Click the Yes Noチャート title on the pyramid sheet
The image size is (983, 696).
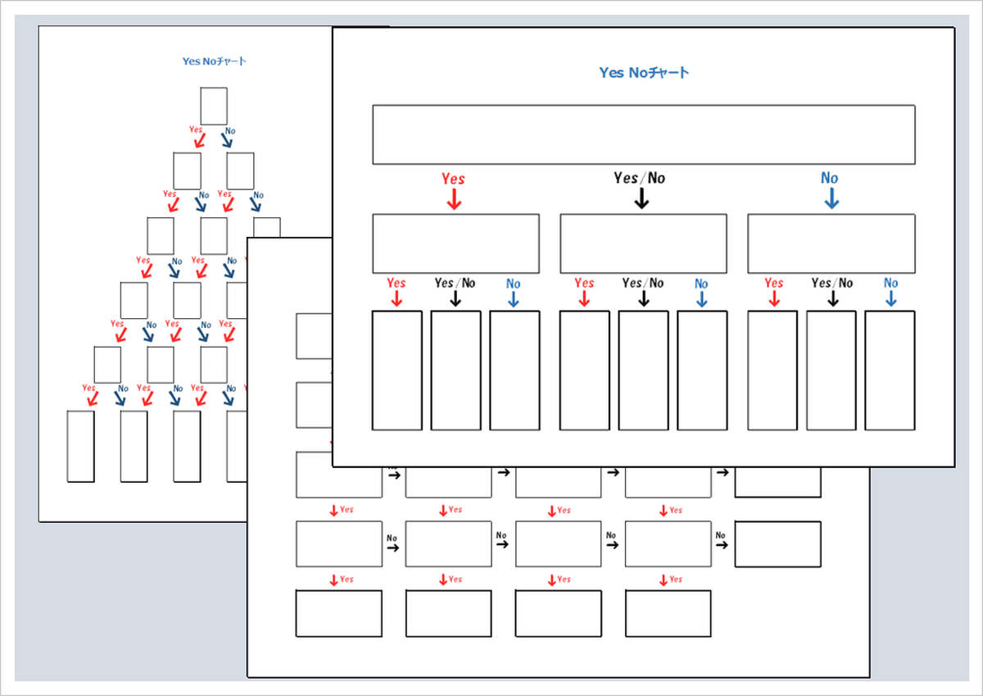214,61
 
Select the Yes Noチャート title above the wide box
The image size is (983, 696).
644,73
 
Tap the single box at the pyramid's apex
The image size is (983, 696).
214,106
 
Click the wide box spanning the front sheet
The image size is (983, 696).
643,134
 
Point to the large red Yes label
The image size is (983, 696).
453,179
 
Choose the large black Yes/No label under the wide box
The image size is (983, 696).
640,178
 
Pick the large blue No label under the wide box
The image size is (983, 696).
830,178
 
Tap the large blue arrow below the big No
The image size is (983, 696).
831,198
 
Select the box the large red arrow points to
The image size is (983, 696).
455,243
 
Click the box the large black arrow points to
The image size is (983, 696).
643,243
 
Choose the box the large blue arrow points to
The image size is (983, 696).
831,243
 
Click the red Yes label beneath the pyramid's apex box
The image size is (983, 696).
196,130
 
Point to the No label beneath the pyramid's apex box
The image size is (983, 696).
230,130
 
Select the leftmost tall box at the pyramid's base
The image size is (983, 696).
80,446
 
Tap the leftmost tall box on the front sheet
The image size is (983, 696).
397,370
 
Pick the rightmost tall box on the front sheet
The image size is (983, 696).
890,370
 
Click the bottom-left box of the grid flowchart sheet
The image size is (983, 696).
338,613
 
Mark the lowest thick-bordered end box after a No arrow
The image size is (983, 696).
777,544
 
